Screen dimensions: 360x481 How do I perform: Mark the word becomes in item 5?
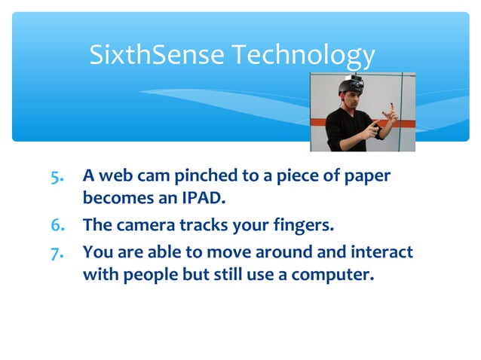pyautogui.click(x=112, y=200)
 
